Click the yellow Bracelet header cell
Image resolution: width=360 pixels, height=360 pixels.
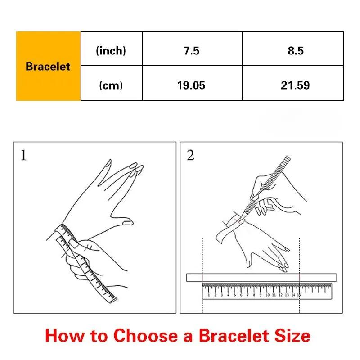(x=48, y=66)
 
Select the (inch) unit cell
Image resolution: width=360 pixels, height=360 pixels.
(x=111, y=51)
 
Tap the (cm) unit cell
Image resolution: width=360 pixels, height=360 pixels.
(x=111, y=85)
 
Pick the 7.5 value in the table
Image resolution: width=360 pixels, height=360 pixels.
(x=192, y=51)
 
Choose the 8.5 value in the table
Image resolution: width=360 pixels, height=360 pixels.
(x=296, y=51)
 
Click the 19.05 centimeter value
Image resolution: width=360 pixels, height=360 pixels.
(x=191, y=85)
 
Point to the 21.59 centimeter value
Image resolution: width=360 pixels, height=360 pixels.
(x=295, y=85)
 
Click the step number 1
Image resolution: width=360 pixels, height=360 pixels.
(x=23, y=155)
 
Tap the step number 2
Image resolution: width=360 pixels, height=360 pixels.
(x=190, y=155)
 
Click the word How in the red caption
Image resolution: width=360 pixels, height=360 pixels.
(x=65, y=336)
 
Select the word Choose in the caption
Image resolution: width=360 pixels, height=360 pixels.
(x=146, y=336)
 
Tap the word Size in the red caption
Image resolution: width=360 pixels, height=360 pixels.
(x=292, y=336)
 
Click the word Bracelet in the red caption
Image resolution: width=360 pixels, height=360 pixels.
(x=234, y=336)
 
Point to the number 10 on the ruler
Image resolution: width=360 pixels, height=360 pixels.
(x=267, y=295)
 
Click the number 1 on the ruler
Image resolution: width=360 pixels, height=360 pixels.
(x=209, y=295)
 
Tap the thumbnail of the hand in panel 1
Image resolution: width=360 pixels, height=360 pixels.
(x=127, y=222)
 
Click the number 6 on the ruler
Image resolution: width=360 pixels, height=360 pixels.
(x=241, y=295)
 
